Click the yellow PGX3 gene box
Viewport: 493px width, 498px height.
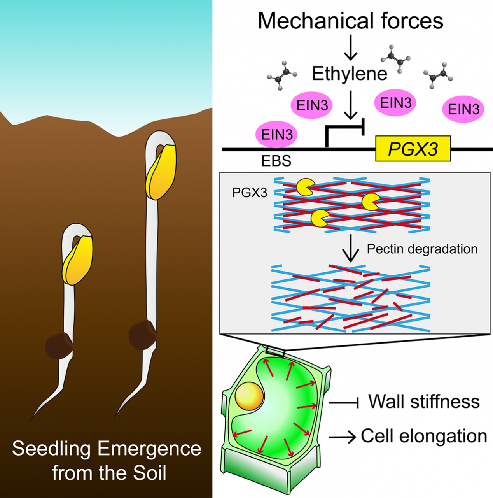pyautogui.click(x=413, y=149)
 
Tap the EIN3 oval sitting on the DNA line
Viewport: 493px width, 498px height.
pyautogui.click(x=276, y=135)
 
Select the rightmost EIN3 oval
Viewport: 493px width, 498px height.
pyautogui.click(x=463, y=109)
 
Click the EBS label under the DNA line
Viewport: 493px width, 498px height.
pyautogui.click(x=276, y=161)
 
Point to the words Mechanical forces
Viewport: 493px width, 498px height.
pyautogui.click(x=350, y=21)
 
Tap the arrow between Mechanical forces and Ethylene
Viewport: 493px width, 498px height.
pyautogui.click(x=350, y=47)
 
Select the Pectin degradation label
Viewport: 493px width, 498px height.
pyautogui.click(x=422, y=249)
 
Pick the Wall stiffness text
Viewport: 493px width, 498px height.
pyautogui.click(x=424, y=402)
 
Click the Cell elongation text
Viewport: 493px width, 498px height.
pyautogui.click(x=424, y=436)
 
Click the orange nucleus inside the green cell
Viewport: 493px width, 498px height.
pyautogui.click(x=249, y=396)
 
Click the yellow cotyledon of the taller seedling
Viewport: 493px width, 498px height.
pyautogui.click(x=161, y=172)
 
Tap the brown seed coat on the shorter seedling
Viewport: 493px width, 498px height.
pyautogui.click(x=59, y=345)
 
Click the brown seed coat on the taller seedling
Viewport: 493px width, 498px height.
pyautogui.click(x=142, y=335)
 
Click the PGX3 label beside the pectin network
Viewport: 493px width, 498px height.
pyautogui.click(x=250, y=193)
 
